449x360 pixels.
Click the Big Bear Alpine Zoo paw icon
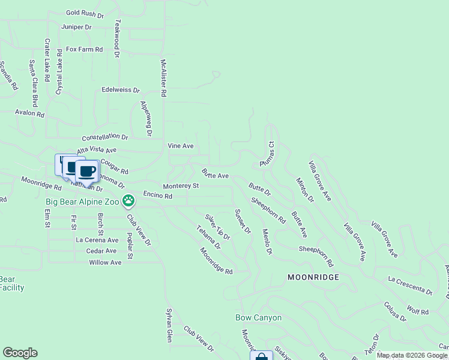click(x=128, y=200)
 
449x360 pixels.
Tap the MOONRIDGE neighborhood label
click(x=313, y=277)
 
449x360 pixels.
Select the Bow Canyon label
click(x=258, y=317)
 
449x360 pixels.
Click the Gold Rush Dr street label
click(x=85, y=12)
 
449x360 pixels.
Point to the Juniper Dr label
click(x=76, y=27)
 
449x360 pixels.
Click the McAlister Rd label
click(x=163, y=78)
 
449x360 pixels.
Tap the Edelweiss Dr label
click(x=121, y=90)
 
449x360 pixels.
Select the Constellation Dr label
click(x=105, y=137)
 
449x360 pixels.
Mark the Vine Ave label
click(x=180, y=146)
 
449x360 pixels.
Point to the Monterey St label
click(x=181, y=186)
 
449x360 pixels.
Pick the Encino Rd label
click(x=158, y=196)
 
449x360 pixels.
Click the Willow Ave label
click(x=105, y=262)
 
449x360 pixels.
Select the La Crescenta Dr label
click(x=411, y=285)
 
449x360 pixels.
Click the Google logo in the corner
click(x=20, y=353)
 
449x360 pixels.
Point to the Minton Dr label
click(x=305, y=190)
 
